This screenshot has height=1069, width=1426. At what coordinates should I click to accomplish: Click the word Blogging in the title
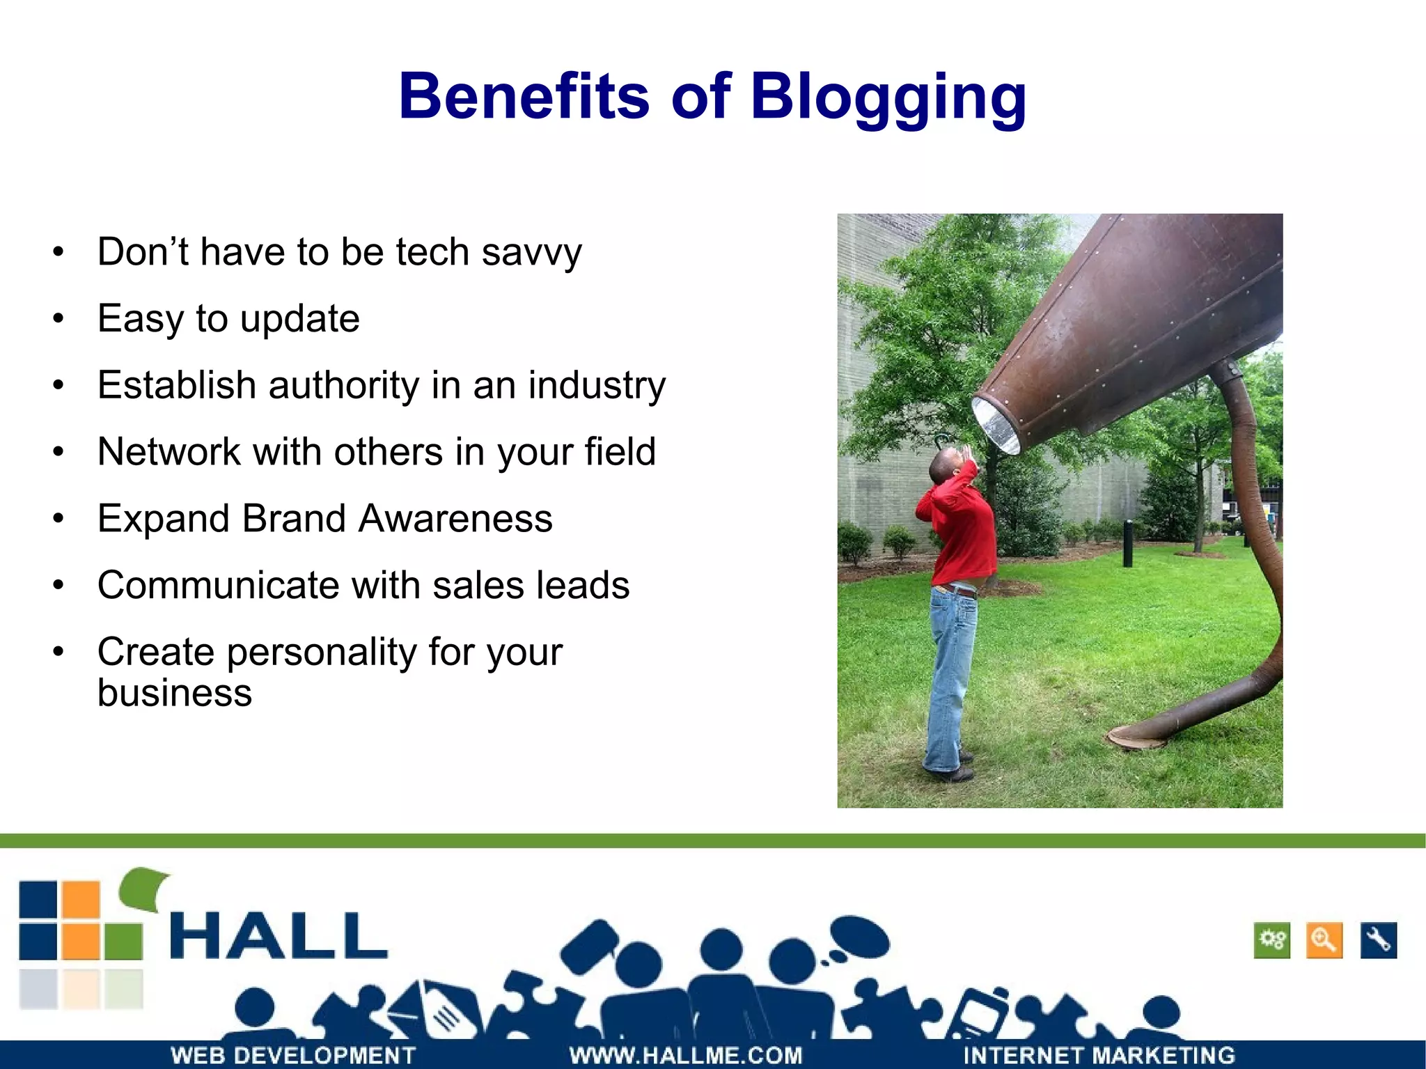coord(888,97)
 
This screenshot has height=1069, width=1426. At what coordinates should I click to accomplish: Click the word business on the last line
coord(174,693)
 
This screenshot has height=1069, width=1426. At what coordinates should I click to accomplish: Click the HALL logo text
coord(279,937)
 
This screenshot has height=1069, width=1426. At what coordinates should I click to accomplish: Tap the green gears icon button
coord(1271,941)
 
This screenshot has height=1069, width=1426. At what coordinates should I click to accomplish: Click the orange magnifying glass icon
coord(1324,941)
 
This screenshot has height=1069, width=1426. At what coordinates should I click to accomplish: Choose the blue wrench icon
coord(1378,941)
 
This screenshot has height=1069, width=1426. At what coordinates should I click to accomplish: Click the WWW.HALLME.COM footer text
coord(685,1055)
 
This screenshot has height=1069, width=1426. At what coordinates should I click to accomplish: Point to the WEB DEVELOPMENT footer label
coord(292,1055)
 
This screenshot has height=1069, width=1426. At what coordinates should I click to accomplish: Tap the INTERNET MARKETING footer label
coord(1098,1055)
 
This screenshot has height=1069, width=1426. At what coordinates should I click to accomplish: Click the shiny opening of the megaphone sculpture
coord(996,425)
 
